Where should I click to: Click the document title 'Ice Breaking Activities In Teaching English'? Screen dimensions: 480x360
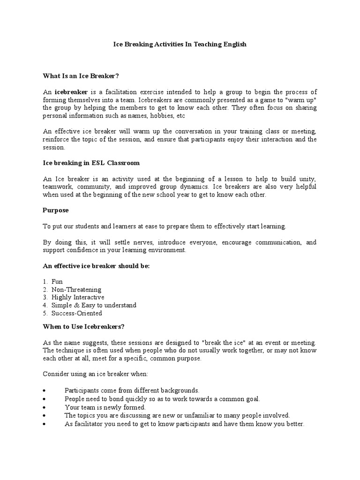point(180,45)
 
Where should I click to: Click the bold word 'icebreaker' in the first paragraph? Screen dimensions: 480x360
point(71,92)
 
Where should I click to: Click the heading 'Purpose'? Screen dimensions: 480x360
point(55,210)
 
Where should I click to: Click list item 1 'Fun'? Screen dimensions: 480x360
point(57,282)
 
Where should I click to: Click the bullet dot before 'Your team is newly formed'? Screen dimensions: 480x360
point(44,408)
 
